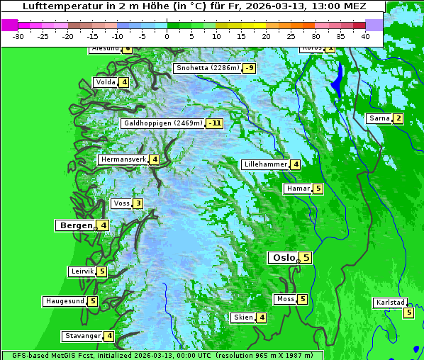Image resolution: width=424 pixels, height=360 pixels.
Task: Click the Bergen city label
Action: pos(75,225)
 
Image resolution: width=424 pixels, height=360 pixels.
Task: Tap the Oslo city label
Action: pos(283,258)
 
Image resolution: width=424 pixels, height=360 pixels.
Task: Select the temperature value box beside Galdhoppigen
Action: pos(215,123)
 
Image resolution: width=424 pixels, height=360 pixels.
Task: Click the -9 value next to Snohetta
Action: pos(250,68)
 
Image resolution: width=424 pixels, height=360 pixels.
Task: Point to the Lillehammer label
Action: pos(265,164)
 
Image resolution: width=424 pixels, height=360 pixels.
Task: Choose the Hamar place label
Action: pos(296,189)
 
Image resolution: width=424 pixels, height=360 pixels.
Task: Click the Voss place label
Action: pos(121,204)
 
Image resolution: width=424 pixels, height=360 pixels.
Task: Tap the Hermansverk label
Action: pos(123,159)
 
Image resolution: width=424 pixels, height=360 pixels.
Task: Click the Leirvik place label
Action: pos(82,271)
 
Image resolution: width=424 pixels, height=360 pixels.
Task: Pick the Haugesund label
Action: pos(65,301)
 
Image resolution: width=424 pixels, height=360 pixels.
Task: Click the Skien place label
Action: pos(243,317)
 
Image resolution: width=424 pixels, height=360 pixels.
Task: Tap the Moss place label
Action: pos(286,299)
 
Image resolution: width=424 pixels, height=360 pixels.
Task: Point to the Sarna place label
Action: pos(379,118)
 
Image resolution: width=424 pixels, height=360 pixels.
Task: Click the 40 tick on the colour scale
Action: pos(365,35)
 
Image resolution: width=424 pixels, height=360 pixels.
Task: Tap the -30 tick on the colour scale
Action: pos(18,35)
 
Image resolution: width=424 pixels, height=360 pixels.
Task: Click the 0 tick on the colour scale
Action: pos(167,35)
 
